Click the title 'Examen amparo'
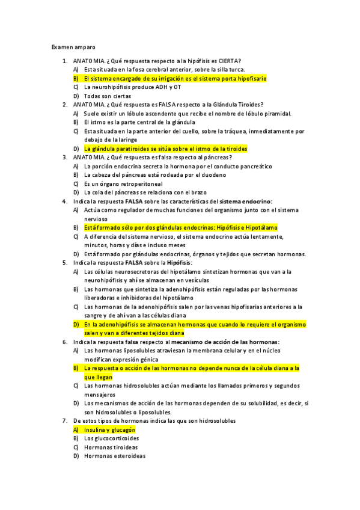click(73, 46)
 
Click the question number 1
click(65, 61)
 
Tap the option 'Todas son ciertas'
click(108, 96)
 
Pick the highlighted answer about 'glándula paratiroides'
click(165, 149)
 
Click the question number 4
click(65, 201)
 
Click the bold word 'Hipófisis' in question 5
click(178, 263)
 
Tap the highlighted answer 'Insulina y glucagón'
click(109, 430)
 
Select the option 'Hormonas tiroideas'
click(111, 447)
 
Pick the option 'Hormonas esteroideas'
click(114, 456)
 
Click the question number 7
click(65, 421)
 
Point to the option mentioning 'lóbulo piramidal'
click(188, 113)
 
